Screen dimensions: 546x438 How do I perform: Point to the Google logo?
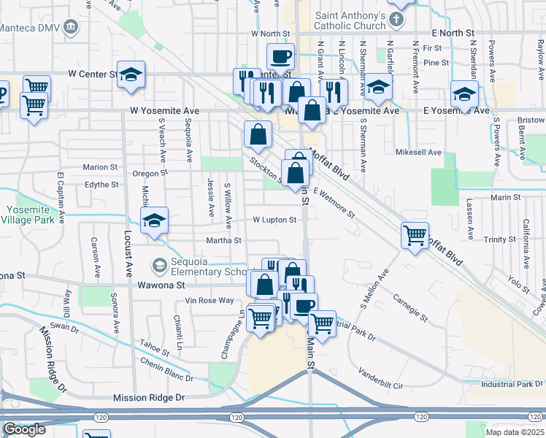(24, 429)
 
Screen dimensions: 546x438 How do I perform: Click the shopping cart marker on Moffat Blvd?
(415, 235)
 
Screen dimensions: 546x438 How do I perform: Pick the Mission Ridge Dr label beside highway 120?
(149, 398)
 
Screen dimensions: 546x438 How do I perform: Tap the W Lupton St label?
(274, 220)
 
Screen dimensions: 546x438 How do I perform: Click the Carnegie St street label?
(409, 307)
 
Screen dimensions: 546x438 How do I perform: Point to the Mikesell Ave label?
(418, 153)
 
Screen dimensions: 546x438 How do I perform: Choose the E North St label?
(453, 33)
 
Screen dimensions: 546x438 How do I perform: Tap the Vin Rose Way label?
(209, 301)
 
